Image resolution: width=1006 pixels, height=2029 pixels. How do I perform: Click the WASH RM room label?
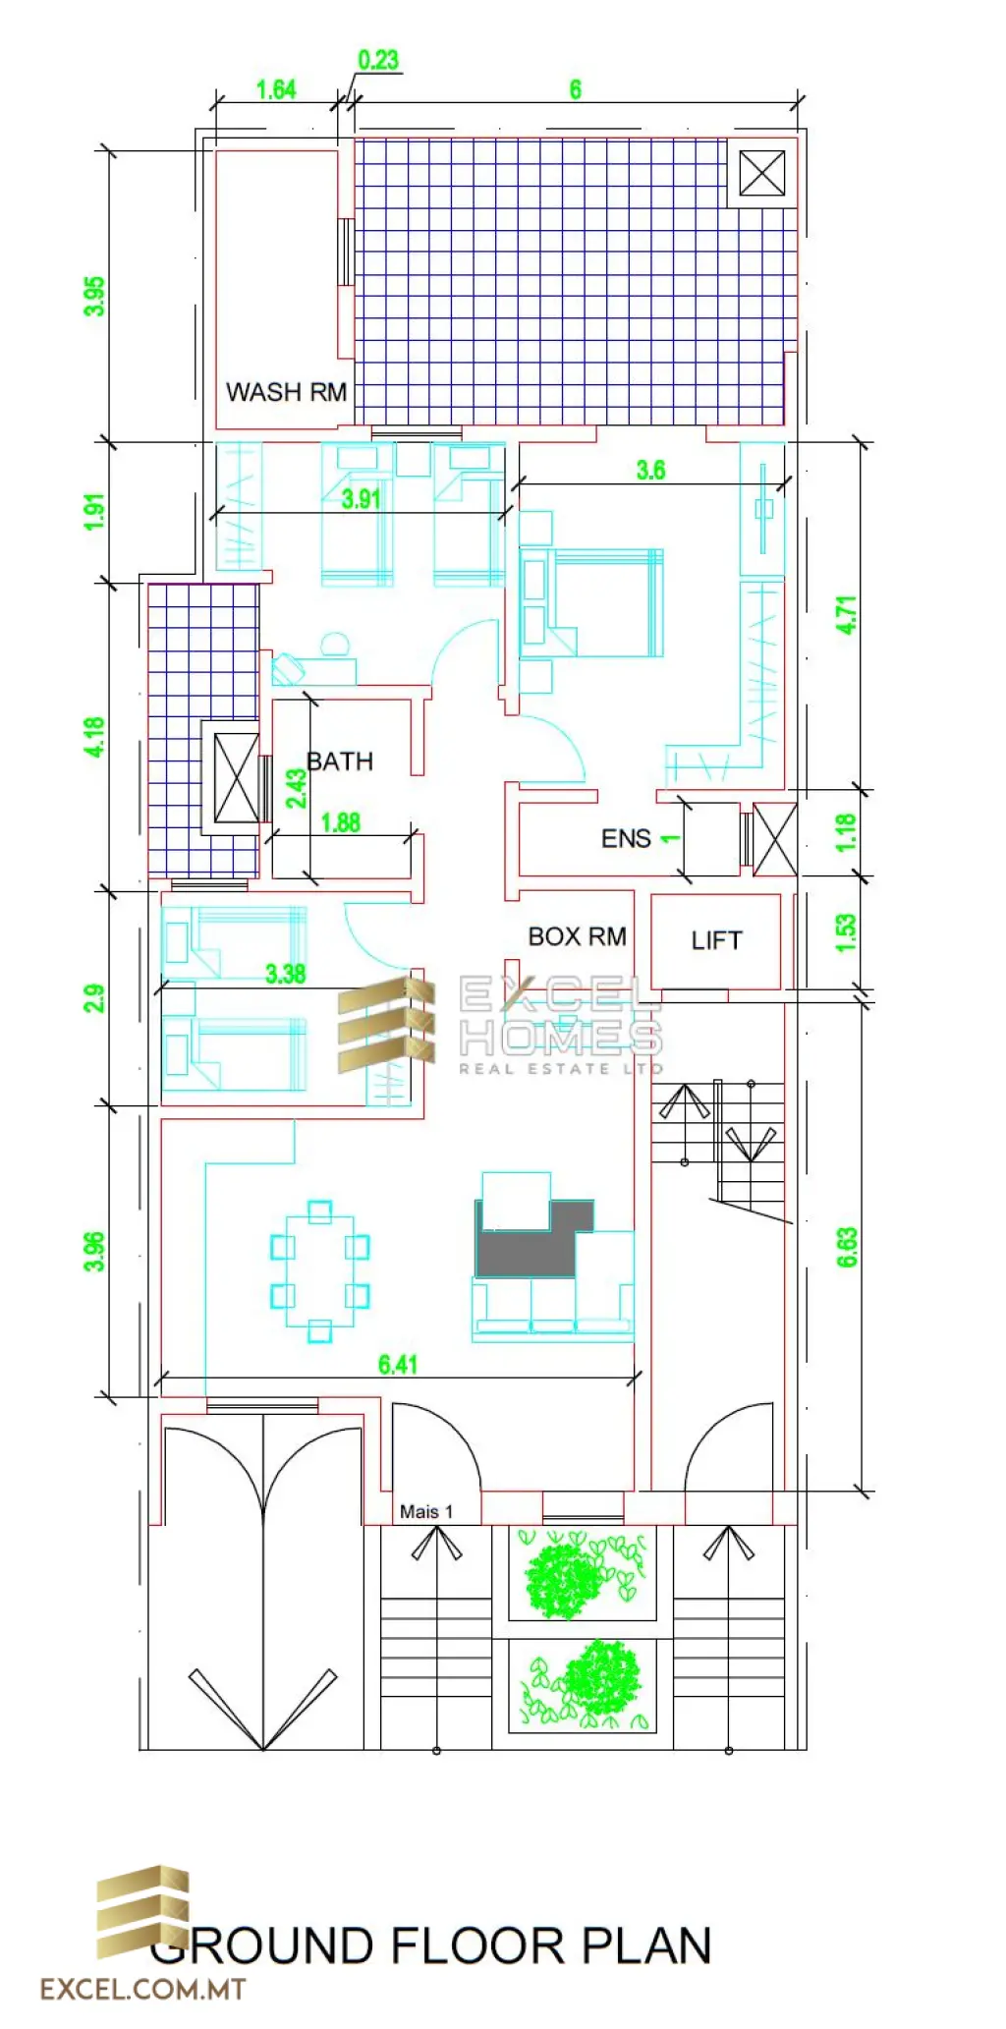[x=286, y=392]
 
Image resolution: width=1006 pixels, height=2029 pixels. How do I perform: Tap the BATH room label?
[x=340, y=761]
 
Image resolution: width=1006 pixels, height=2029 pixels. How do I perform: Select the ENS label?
[x=626, y=839]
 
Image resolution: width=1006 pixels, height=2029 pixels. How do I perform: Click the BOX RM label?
[x=577, y=936]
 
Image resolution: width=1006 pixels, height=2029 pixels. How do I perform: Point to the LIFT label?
[x=716, y=940]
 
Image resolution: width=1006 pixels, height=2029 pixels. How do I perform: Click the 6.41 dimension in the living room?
[x=398, y=1364]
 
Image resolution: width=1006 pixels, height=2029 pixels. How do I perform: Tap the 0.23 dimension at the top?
[x=378, y=60]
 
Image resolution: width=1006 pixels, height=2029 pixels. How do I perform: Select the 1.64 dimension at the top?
[x=276, y=89]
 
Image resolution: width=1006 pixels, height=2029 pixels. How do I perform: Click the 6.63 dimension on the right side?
[x=847, y=1247]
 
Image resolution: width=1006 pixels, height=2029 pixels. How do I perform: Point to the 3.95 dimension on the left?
[x=94, y=296]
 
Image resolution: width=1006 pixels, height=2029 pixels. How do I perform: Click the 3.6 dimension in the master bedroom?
[x=650, y=470]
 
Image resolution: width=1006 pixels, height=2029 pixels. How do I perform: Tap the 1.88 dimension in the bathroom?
[x=341, y=822]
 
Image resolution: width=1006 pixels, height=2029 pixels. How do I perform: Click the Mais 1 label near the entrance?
[x=426, y=1511]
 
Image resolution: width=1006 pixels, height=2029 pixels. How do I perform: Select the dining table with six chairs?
[x=319, y=1270]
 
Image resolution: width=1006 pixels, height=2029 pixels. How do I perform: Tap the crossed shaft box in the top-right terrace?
[x=762, y=173]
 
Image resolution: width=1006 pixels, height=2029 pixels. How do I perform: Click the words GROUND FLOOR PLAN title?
[x=432, y=1946]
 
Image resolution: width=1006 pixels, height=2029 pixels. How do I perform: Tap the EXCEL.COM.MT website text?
[x=143, y=1990]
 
